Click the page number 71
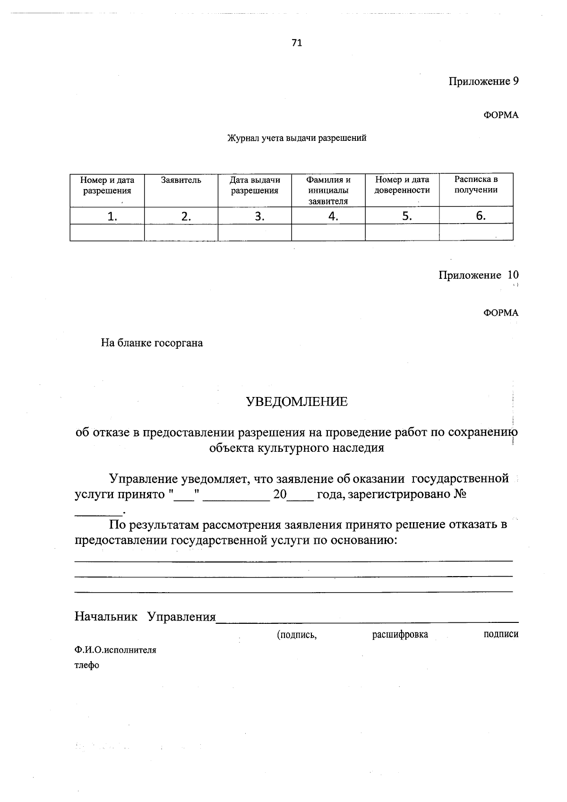(x=297, y=43)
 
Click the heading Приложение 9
(x=483, y=81)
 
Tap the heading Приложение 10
(x=478, y=275)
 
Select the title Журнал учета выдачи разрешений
(x=297, y=138)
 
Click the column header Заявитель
(x=181, y=180)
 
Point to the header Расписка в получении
(x=476, y=185)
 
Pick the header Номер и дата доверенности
(x=402, y=185)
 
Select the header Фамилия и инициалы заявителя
(x=328, y=190)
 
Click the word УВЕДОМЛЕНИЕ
(x=297, y=402)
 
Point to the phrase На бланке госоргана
(x=152, y=343)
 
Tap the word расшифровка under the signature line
(x=400, y=634)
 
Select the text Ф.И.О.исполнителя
(x=115, y=650)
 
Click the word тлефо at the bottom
(x=87, y=665)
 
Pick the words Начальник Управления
(x=145, y=617)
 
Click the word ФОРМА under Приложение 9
(x=500, y=115)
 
